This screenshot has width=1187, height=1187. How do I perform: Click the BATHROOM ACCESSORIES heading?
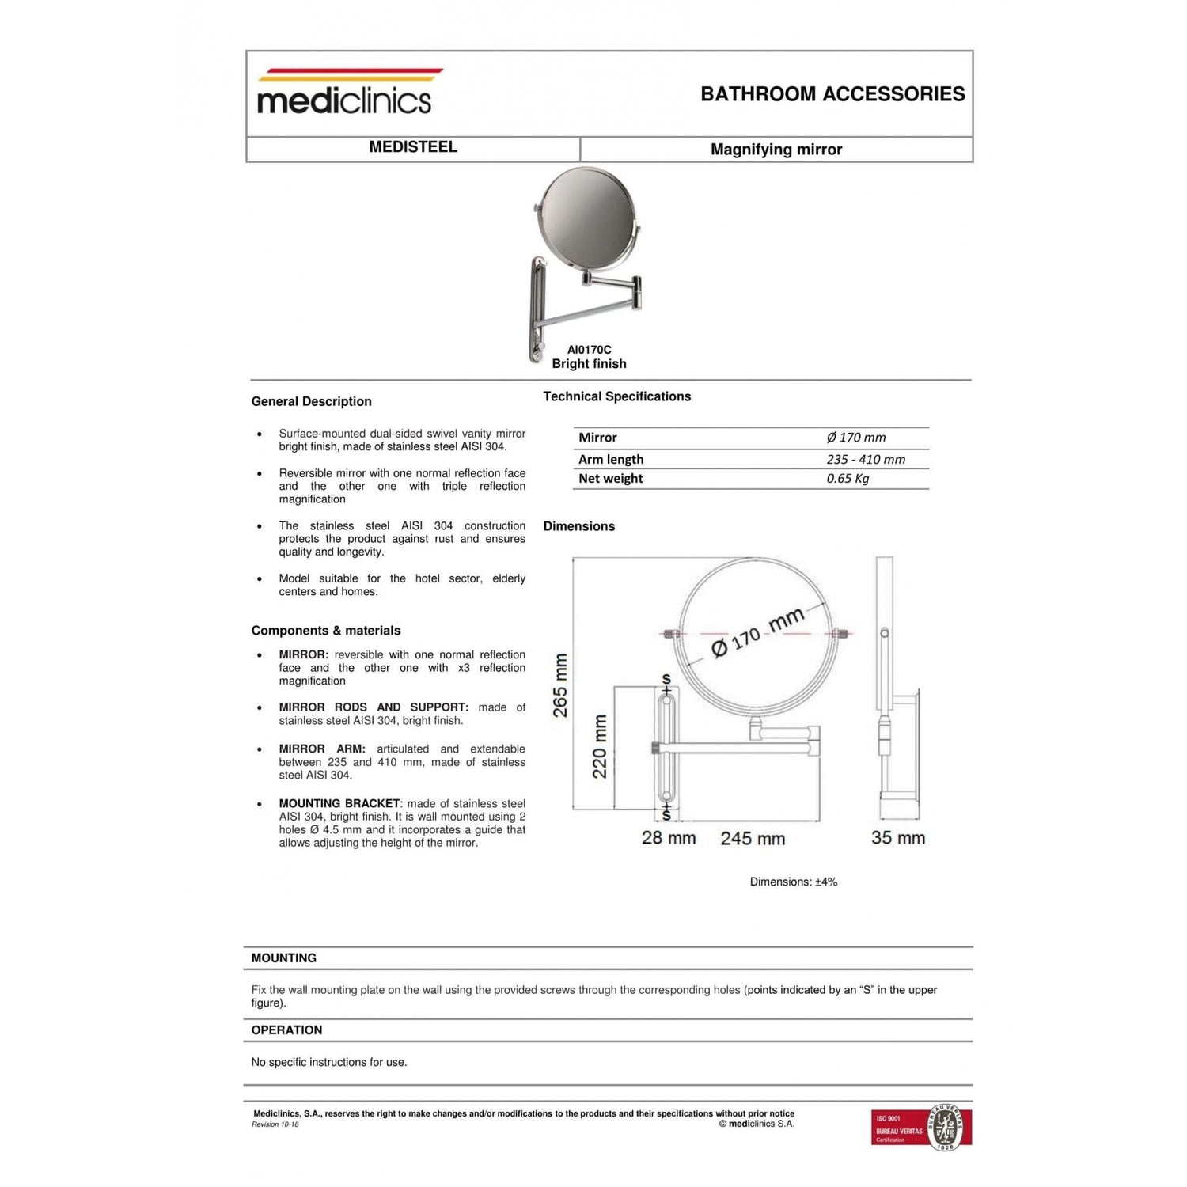(832, 94)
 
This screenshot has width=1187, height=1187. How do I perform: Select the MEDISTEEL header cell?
(413, 147)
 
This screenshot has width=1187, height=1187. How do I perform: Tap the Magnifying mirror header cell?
(776, 150)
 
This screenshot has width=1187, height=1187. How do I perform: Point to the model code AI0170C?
(589, 350)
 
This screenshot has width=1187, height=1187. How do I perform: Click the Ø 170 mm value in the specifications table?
(855, 438)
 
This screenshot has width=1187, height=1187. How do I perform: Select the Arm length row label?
(611, 460)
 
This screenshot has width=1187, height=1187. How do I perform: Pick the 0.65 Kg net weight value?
(848, 479)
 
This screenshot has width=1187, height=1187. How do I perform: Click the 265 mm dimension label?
(560, 685)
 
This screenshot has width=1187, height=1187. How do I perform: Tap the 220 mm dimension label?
(600, 746)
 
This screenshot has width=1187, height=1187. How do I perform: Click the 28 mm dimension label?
(669, 838)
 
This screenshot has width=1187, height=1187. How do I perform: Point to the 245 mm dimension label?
(753, 839)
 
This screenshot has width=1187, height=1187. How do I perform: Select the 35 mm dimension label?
(898, 838)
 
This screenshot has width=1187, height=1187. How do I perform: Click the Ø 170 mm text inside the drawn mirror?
(757, 632)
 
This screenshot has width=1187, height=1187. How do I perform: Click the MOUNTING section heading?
(283, 958)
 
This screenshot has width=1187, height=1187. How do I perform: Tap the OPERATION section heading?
(286, 1030)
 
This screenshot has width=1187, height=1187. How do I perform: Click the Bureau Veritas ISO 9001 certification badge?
(921, 1127)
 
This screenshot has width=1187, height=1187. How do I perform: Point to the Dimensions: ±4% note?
(793, 882)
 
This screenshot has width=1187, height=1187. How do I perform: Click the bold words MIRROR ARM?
(321, 749)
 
